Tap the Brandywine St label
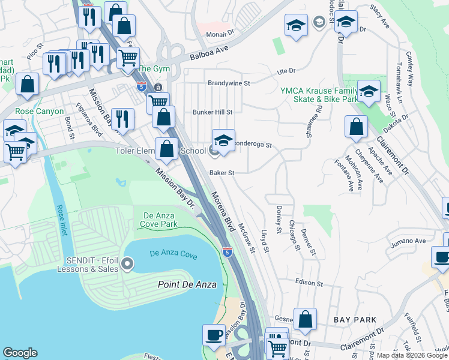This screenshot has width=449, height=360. pyautogui.click(x=228, y=83)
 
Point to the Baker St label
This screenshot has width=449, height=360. pyautogui.click(x=221, y=172)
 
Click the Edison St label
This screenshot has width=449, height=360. pyautogui.click(x=310, y=283)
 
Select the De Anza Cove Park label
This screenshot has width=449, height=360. pyautogui.click(x=160, y=220)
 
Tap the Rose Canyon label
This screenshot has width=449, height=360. pyautogui.click(x=39, y=112)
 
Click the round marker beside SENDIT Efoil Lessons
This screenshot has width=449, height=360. pyautogui.click(x=127, y=263)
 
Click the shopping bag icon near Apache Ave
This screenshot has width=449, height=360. pyautogui.click(x=356, y=127)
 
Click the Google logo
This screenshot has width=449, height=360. pyautogui.click(x=20, y=353)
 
